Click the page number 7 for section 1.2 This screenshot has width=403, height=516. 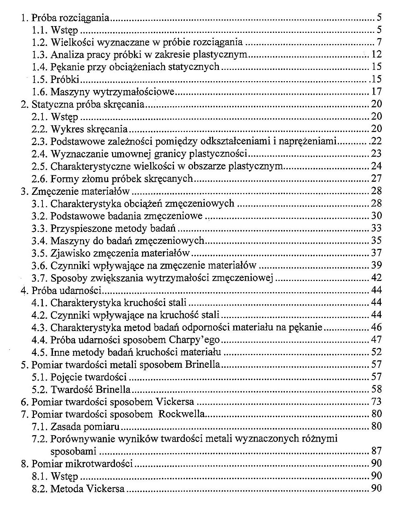click(379, 42)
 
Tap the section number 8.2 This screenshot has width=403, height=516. click(39, 488)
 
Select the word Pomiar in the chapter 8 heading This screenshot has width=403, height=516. click(44, 463)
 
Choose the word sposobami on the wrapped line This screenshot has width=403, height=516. click(73, 451)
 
